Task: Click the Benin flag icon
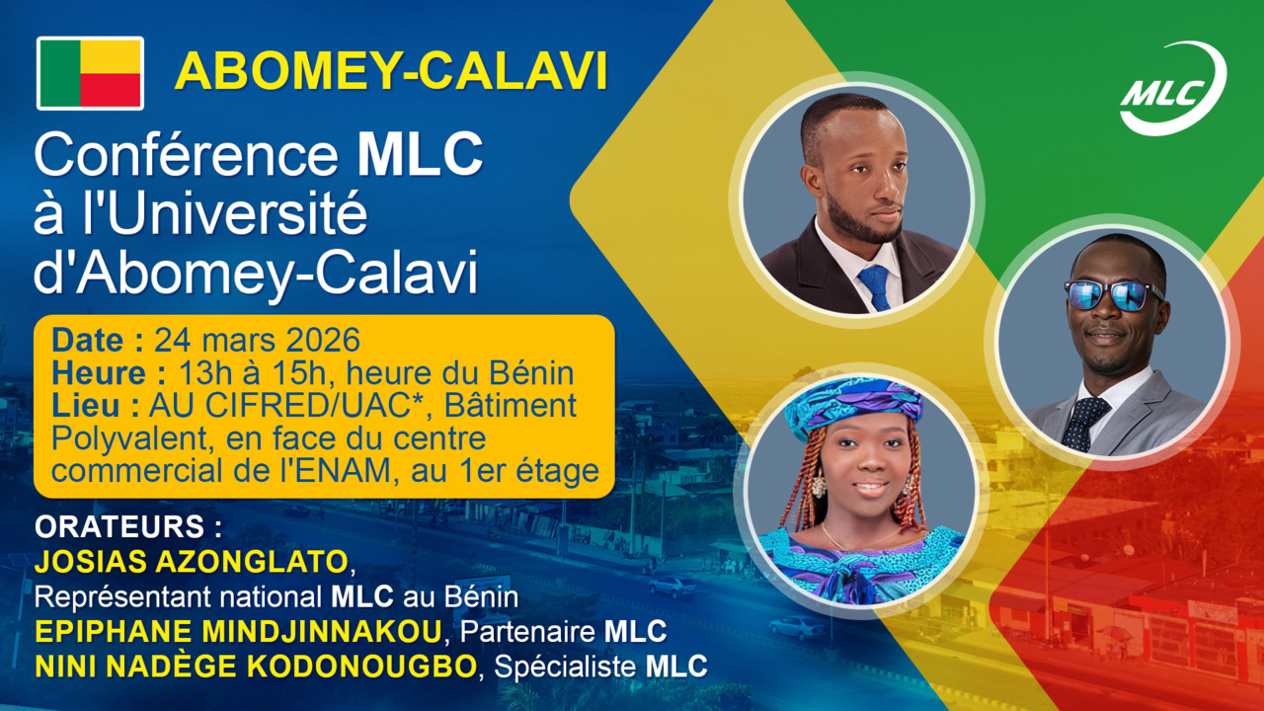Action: click(91, 73)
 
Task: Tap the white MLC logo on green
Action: click(1172, 89)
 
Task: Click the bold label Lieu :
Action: click(94, 406)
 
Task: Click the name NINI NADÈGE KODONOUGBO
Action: click(255, 667)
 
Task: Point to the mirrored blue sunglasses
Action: click(1113, 294)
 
